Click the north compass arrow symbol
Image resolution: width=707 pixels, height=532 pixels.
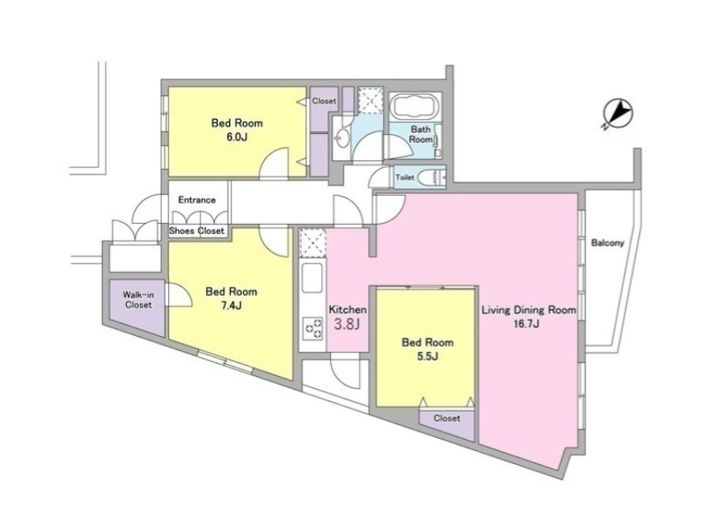pos(617,112)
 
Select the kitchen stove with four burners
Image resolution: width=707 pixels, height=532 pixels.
pos(312,328)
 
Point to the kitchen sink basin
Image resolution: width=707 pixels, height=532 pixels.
pos(312,278)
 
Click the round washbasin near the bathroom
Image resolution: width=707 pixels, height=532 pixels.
pos(343,138)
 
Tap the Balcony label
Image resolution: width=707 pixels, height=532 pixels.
pos(608,243)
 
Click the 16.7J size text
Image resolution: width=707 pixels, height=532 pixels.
pos(529,323)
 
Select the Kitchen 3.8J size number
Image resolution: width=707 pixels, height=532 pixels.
pos(347,324)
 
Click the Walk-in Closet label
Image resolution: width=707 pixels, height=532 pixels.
pos(139,300)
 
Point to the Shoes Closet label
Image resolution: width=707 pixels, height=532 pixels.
pos(196,231)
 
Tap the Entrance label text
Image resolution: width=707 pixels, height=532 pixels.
pos(197,199)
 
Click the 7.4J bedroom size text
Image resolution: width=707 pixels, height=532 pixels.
pos(231,306)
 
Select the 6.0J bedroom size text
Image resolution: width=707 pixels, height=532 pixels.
pos(237,137)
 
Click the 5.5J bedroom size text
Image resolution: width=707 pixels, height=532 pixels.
pos(428,357)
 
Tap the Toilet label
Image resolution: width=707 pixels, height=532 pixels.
pos(405,178)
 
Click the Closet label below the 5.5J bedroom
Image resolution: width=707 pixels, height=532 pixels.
pos(447,419)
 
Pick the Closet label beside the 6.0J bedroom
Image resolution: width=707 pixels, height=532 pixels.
pos(324,101)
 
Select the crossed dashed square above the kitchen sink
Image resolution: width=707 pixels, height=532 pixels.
pos(313,243)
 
